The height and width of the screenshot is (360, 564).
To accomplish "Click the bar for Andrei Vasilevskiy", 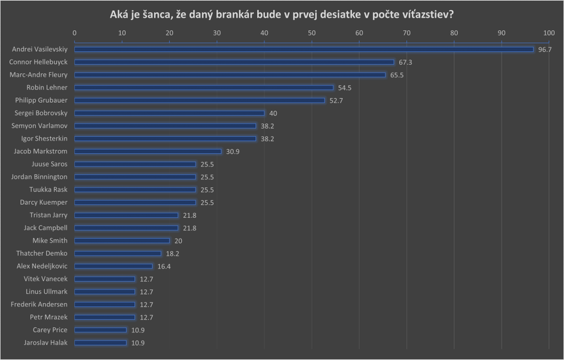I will point(304,49).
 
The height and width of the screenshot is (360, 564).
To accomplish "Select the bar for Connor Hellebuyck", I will point(234,62).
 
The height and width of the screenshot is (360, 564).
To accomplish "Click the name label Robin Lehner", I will point(47,88).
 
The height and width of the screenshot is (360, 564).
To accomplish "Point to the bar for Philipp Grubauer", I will point(200,101).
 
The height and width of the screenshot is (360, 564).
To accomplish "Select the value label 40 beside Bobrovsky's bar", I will point(273,113).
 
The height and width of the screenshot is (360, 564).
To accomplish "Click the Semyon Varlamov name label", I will point(39,126).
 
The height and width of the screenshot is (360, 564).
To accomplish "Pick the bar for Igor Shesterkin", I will point(165,139).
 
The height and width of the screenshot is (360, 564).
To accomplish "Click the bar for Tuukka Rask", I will point(135,189).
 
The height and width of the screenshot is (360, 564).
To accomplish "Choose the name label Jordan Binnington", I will point(39,177).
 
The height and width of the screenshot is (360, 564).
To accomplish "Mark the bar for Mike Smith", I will point(122,241).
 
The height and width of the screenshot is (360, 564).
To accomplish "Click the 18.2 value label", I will point(172,254).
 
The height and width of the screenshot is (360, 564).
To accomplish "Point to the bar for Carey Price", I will point(101,330).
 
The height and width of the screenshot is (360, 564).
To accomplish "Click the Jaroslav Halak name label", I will point(43,343).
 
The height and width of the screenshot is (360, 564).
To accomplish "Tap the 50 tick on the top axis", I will point(312,34).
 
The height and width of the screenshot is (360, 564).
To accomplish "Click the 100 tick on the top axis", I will point(549,34).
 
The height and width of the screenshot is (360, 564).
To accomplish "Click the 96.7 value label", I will point(545,50).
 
